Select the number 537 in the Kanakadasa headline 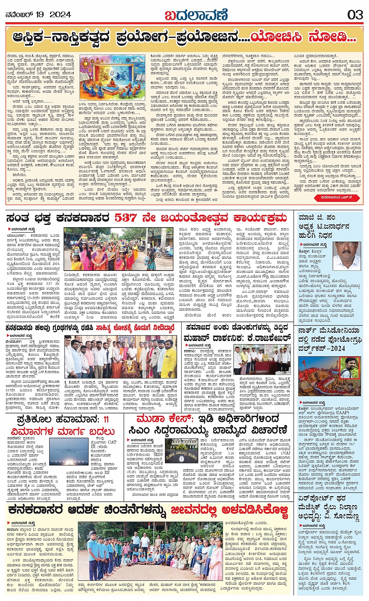pos(127,217)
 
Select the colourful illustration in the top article pos(112,77)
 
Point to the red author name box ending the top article pos(337,198)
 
